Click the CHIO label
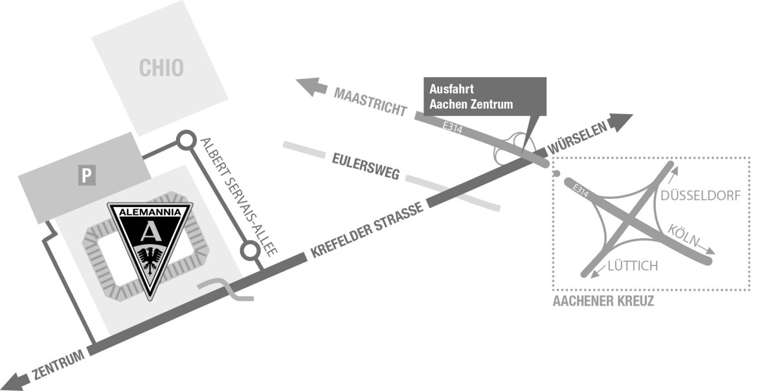point(161,67)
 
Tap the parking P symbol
point(86,175)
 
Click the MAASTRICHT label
point(370,102)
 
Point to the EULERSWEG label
point(367,165)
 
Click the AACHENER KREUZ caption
point(603,301)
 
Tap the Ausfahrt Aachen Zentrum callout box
point(484,95)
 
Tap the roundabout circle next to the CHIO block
point(186,139)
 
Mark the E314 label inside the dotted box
point(582,191)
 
